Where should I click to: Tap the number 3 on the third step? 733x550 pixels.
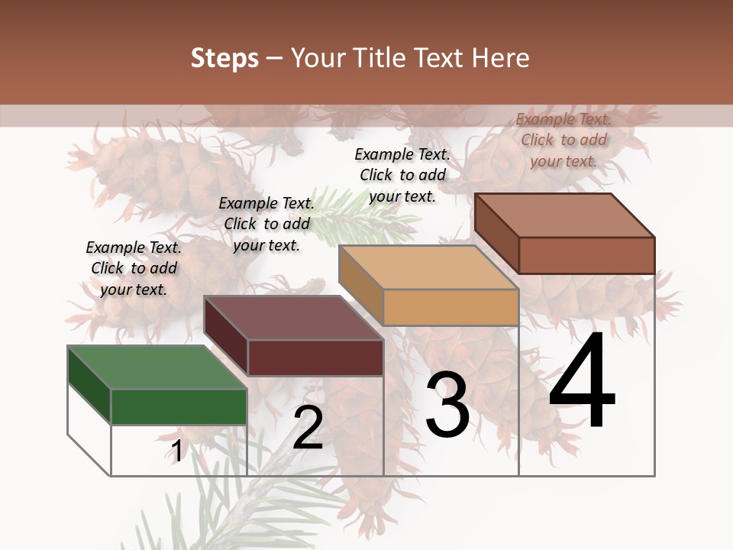point(447,405)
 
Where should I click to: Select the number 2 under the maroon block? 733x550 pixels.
point(308,428)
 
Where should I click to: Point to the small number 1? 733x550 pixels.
point(176,451)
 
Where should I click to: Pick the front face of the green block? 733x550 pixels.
point(179,406)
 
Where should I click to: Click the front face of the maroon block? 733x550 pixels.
point(315,357)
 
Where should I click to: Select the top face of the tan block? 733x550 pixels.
point(428,267)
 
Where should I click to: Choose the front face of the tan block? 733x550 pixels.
point(450,307)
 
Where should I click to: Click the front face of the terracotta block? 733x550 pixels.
point(586,255)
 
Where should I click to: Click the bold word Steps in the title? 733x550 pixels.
point(224,58)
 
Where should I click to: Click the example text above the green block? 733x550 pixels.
point(134,268)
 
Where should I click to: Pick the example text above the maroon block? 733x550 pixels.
point(266,224)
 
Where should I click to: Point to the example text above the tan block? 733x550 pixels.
point(402,175)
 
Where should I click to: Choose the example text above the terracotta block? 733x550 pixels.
point(563,140)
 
